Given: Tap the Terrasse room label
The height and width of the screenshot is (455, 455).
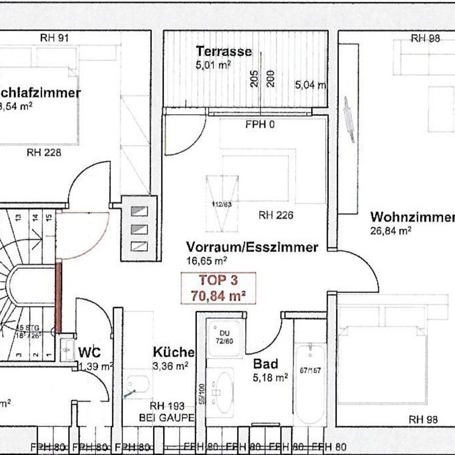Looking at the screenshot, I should pyautogui.click(x=224, y=51).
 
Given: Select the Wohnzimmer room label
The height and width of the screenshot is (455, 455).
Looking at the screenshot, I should pyautogui.click(x=412, y=218).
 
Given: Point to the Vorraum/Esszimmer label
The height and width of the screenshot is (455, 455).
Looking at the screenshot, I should pyautogui.click(x=251, y=248).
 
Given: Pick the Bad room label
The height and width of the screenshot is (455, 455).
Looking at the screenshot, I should pyautogui.click(x=265, y=363).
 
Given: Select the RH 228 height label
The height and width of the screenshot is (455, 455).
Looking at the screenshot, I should pyautogui.click(x=44, y=152).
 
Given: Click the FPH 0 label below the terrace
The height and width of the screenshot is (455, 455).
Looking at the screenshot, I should pyautogui.click(x=260, y=125).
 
